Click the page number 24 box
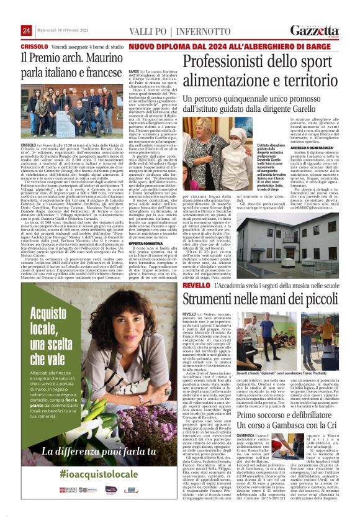[27, 30]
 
